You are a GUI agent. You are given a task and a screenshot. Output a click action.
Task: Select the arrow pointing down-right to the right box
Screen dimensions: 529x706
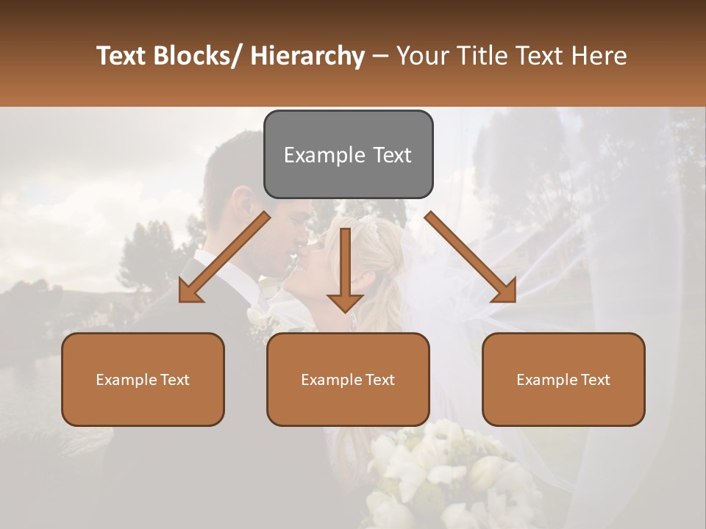pos(471,257)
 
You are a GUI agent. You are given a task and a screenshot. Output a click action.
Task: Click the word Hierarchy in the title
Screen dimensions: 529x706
pos(307,56)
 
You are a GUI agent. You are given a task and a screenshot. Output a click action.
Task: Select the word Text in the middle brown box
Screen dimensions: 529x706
pos(379,380)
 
